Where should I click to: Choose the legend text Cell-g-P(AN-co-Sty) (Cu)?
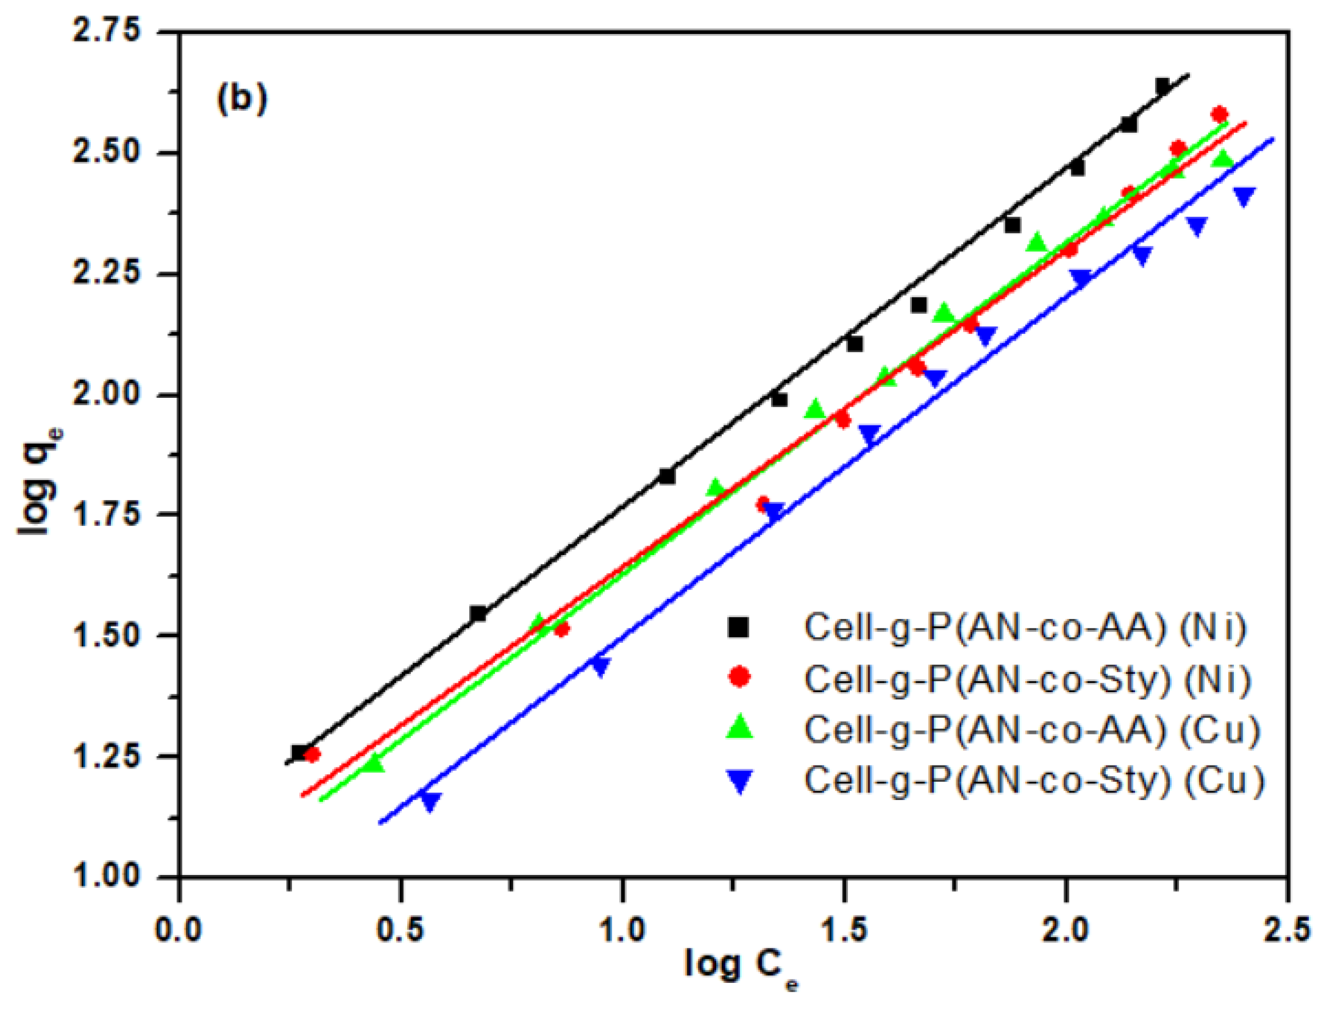tap(1034, 780)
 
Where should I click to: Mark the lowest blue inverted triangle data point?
tap(430, 801)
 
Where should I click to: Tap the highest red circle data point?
tap(1220, 114)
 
